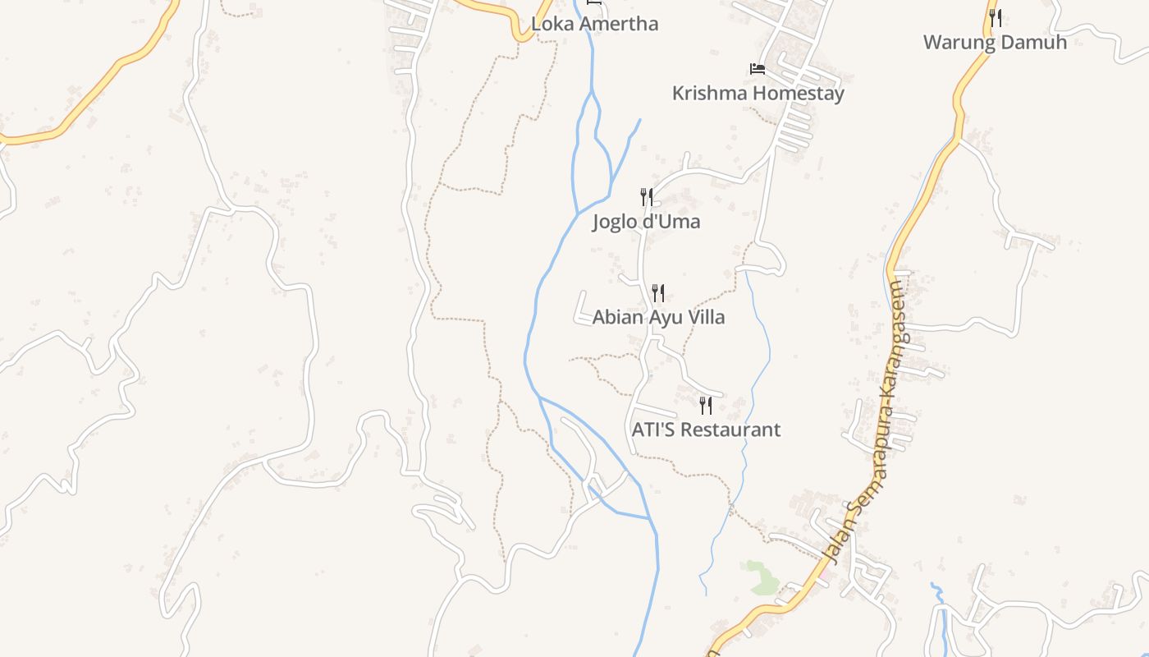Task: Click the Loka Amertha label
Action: pyautogui.click(x=594, y=24)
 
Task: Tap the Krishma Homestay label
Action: pyautogui.click(x=758, y=94)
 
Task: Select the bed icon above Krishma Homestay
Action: pyautogui.click(x=758, y=68)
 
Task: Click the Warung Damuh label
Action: pyautogui.click(x=995, y=43)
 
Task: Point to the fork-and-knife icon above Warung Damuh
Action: pyautogui.click(x=995, y=17)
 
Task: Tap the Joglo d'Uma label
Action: pyautogui.click(x=646, y=222)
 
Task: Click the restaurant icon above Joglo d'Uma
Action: pyautogui.click(x=647, y=197)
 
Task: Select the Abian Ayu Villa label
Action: pyautogui.click(x=658, y=317)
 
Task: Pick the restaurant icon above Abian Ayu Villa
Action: pyautogui.click(x=658, y=292)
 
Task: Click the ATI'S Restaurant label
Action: pyautogui.click(x=706, y=430)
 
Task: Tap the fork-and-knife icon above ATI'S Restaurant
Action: pyautogui.click(x=706, y=405)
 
